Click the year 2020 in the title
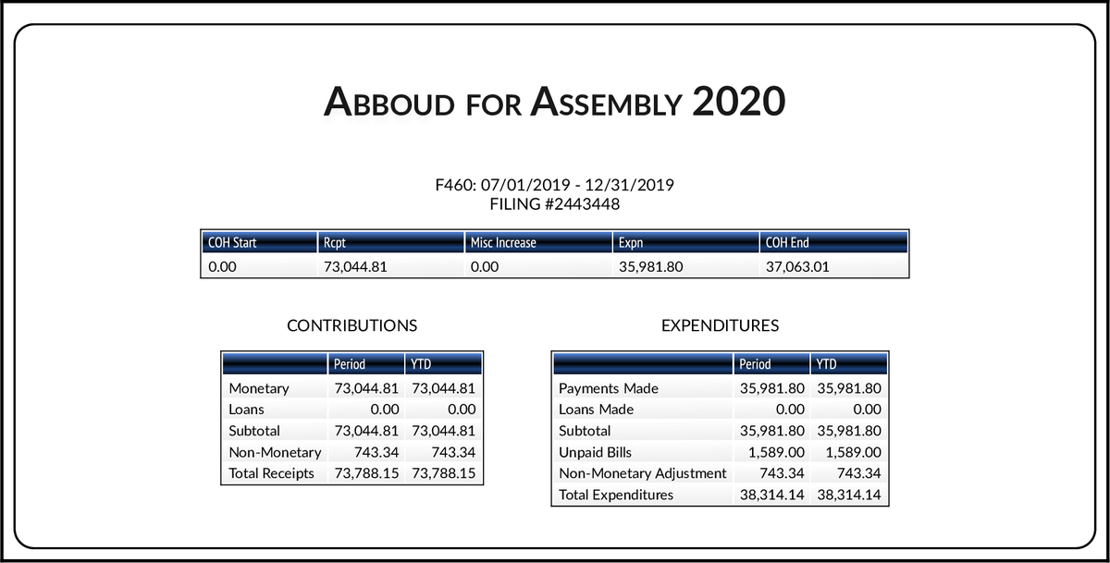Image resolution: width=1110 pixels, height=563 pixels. [x=738, y=102]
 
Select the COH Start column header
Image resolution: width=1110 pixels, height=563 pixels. [x=232, y=243]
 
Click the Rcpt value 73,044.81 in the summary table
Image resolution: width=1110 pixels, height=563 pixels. [x=354, y=267]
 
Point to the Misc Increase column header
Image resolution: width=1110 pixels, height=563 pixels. [x=503, y=243]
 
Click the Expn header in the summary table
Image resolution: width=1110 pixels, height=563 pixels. [x=631, y=243]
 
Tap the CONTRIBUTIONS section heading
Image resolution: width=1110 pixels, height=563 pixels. [x=351, y=325]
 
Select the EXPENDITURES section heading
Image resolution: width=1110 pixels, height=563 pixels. [x=720, y=325]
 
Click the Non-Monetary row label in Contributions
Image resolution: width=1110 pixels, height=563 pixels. [x=275, y=452]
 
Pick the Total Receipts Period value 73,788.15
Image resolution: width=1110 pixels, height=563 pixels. [x=364, y=473]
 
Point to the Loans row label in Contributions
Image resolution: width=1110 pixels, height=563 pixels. [x=246, y=410]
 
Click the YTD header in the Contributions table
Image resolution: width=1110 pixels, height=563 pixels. [x=421, y=364]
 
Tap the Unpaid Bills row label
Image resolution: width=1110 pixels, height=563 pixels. [x=597, y=452]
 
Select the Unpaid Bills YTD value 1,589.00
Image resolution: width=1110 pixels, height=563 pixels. [x=850, y=452]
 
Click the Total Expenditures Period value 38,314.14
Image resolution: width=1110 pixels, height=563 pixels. [x=772, y=495]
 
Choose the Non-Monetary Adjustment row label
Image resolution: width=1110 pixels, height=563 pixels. [x=643, y=473]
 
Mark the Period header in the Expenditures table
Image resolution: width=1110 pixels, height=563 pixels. [x=756, y=364]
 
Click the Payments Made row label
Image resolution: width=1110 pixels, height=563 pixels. [x=609, y=388]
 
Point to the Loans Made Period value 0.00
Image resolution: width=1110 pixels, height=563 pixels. [x=789, y=410]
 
